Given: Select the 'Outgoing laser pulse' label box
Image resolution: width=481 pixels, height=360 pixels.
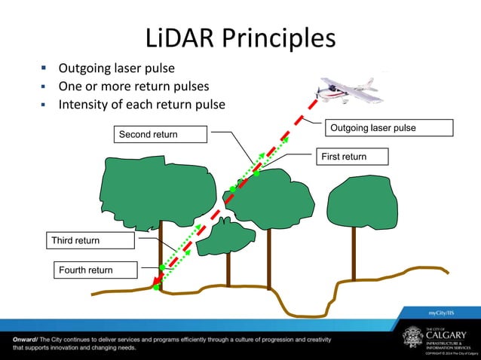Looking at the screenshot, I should (389, 128).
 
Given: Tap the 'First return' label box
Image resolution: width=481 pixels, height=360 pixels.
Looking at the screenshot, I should (351, 157).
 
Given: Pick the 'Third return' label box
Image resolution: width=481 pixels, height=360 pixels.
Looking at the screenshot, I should (89, 240).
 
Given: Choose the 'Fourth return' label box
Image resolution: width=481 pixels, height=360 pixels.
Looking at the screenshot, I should (96, 270).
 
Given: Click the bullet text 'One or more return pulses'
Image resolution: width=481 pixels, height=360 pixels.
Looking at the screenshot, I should (133, 86).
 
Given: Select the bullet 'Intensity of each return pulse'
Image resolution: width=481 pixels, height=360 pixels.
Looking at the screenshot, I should (142, 104).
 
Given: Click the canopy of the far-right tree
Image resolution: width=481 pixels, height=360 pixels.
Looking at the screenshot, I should (363, 201).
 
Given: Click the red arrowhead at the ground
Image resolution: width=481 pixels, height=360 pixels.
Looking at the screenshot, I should (155, 285).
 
